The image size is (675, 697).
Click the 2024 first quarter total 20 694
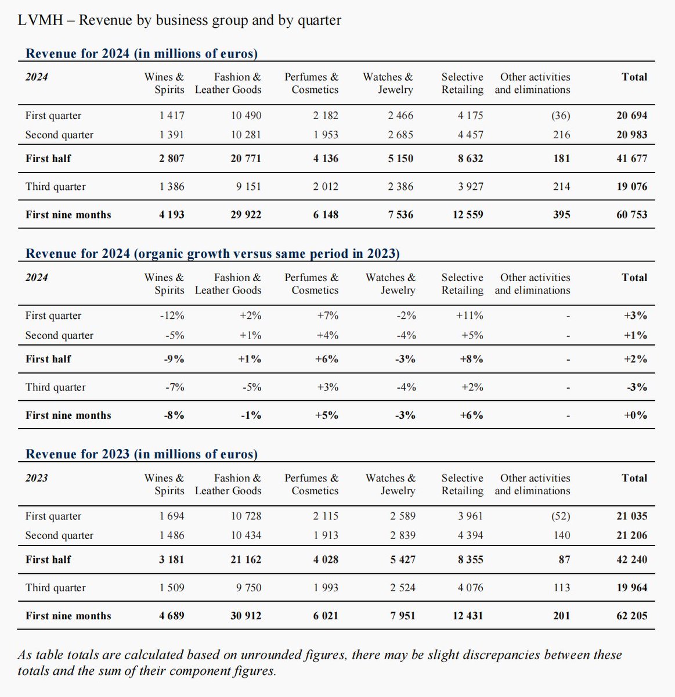(x=631, y=116)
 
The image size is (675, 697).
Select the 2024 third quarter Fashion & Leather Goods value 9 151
(x=246, y=186)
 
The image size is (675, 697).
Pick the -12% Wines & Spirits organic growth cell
(x=172, y=316)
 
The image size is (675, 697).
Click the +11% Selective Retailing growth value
(x=470, y=316)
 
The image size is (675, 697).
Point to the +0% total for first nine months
(x=635, y=415)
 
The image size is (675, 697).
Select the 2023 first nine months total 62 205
(x=631, y=616)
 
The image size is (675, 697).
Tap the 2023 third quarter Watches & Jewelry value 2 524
(x=403, y=588)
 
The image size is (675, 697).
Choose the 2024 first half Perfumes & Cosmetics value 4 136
(x=325, y=159)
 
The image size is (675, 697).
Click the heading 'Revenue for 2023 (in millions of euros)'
(x=142, y=454)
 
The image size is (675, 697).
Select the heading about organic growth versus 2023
(x=212, y=254)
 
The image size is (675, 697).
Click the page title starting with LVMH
(x=179, y=21)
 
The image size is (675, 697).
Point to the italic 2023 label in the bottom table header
(x=37, y=478)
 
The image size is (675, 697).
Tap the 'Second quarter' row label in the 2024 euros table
(x=59, y=135)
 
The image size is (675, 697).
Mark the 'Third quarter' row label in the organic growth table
(x=55, y=387)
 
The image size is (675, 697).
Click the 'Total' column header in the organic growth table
(x=634, y=278)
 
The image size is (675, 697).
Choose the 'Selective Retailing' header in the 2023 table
(x=462, y=484)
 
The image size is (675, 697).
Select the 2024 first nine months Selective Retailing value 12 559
(x=467, y=215)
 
